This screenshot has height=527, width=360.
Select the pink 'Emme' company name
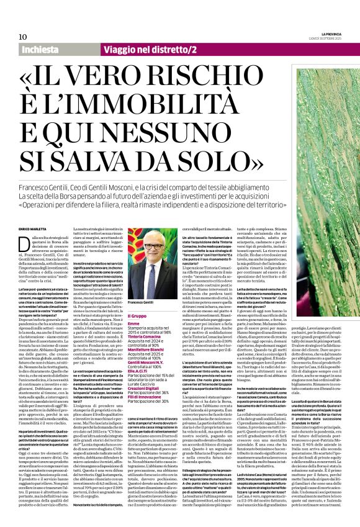133,323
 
